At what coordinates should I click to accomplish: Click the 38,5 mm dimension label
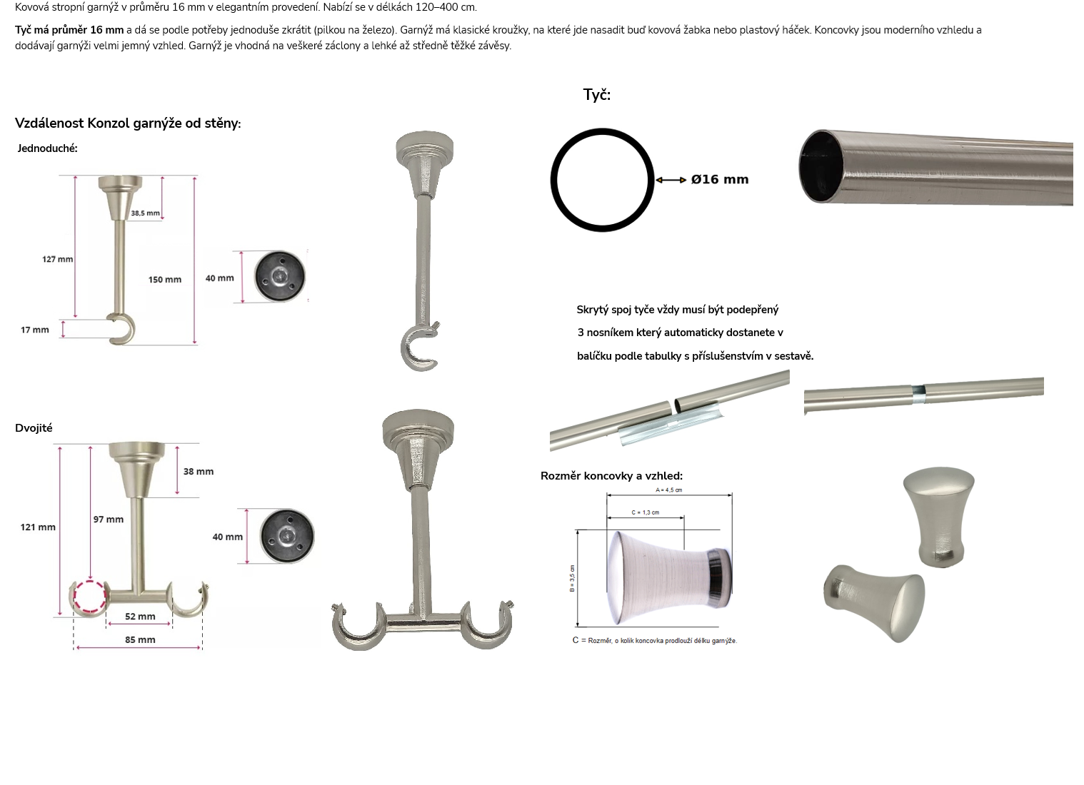(x=145, y=213)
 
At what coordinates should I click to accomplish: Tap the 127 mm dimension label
(x=58, y=259)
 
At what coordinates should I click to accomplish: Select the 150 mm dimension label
(x=165, y=280)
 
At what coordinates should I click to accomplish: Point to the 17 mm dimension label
(x=35, y=330)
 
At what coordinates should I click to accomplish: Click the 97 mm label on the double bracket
(x=109, y=520)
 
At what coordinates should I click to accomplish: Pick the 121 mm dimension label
(x=38, y=527)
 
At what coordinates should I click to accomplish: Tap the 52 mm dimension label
(x=140, y=617)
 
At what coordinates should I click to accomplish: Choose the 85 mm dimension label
(x=140, y=640)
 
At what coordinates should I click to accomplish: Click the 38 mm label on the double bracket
(x=199, y=472)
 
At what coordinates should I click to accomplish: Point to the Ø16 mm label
(x=720, y=179)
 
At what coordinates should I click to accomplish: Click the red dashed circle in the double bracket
(x=90, y=580)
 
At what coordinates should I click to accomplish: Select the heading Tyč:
(x=597, y=95)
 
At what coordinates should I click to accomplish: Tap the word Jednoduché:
(x=47, y=148)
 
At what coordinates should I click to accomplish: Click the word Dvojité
(x=34, y=428)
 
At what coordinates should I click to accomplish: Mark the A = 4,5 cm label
(x=669, y=490)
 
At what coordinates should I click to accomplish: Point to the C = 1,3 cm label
(x=645, y=512)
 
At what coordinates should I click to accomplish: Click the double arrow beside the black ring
(x=671, y=180)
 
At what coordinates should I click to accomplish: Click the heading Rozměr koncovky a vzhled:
(x=611, y=476)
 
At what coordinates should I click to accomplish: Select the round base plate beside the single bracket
(x=280, y=276)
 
